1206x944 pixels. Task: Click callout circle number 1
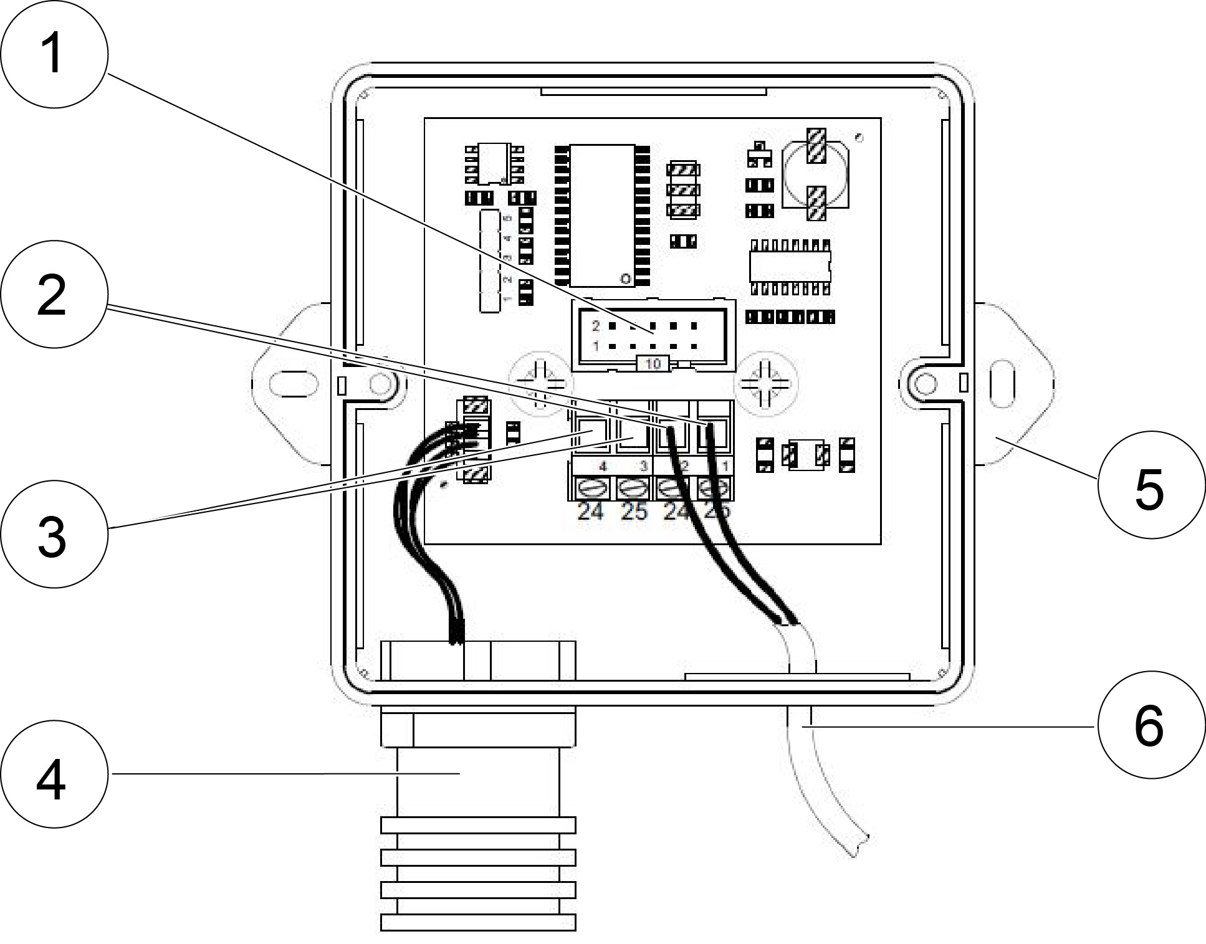52,54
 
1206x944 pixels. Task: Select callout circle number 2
52,295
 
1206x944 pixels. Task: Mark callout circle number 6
1150,726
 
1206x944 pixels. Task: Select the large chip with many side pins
602,216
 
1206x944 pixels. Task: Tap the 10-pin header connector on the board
653,335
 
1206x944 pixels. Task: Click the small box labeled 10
653,364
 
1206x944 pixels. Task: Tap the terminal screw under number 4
590,487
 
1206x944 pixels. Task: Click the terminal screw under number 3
633,487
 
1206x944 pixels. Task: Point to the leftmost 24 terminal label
590,512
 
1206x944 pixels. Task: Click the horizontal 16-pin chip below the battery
790,266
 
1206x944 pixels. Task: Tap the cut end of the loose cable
860,845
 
